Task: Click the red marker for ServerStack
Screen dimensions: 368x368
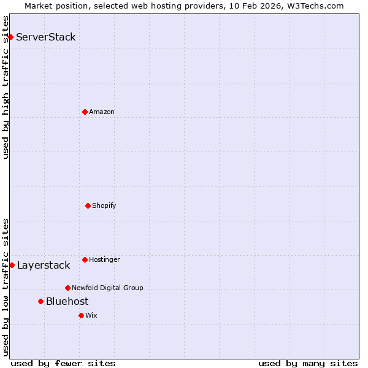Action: [x=10, y=37]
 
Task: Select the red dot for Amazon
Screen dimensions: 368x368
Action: [x=85, y=112]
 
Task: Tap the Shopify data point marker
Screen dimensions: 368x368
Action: [x=88, y=205]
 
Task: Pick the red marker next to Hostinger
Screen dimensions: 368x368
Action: [x=85, y=259]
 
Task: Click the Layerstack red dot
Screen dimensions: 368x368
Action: [x=12, y=265]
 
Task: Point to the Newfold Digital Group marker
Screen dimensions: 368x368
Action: [x=67, y=288]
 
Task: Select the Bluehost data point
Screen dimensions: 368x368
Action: [x=40, y=301]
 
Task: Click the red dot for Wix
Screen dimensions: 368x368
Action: [x=81, y=315]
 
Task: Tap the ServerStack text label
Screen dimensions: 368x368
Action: [x=46, y=37]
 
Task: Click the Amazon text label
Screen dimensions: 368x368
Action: [x=102, y=112]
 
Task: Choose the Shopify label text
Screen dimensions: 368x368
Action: [x=104, y=205]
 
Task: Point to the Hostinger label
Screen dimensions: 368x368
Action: [x=104, y=259]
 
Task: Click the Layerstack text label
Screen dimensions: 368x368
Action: [x=44, y=265]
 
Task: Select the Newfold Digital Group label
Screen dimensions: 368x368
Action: [x=107, y=288]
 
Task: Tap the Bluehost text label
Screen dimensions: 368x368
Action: [x=67, y=301]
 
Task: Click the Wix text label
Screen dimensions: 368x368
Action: [x=91, y=315]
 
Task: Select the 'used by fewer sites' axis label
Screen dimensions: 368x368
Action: [x=63, y=363]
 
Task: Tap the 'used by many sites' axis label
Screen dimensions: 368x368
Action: [x=308, y=363]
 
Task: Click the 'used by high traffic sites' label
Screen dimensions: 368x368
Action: [x=6, y=87]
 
